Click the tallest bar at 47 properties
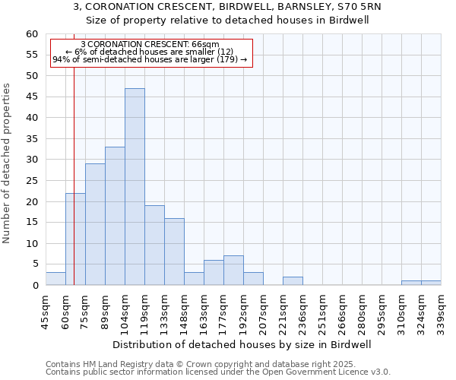click(x=135, y=187)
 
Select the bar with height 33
click(x=115, y=217)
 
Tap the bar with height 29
click(x=95, y=225)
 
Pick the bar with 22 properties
click(x=75, y=239)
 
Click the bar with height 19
click(x=154, y=245)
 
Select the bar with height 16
click(x=174, y=252)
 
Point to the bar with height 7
click(x=233, y=271)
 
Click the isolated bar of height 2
click(x=293, y=281)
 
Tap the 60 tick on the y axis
click(x=32, y=34)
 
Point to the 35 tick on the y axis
click(x=32, y=139)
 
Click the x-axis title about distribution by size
click(x=246, y=344)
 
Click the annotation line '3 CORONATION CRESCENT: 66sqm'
click(x=150, y=45)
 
